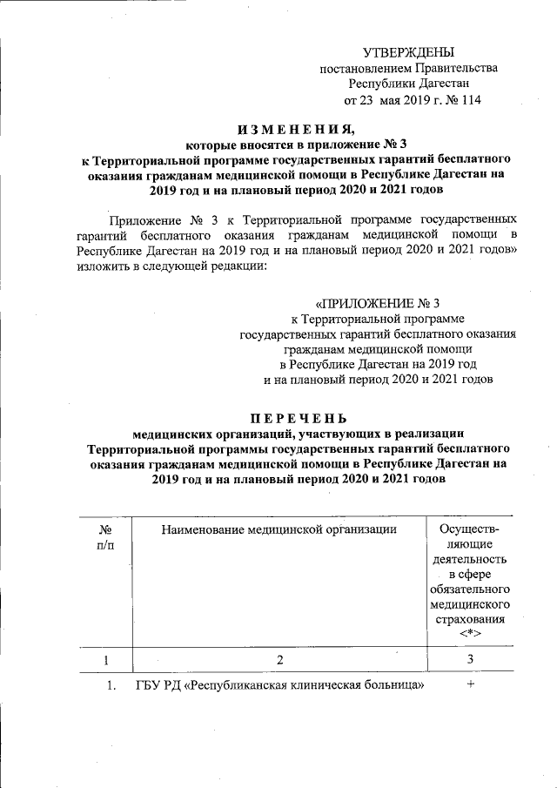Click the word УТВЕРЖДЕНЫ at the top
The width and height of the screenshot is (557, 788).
pyautogui.click(x=408, y=53)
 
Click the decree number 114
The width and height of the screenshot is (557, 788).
pyautogui.click(x=470, y=100)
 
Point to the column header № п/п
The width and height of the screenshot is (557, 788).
pyautogui.click(x=105, y=535)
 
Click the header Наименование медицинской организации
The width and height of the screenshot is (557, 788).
pyautogui.click(x=278, y=529)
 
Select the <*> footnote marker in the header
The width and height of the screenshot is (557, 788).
pyautogui.click(x=470, y=634)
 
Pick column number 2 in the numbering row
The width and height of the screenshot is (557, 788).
pyautogui.click(x=280, y=659)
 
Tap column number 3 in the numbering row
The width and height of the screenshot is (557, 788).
pyautogui.click(x=470, y=659)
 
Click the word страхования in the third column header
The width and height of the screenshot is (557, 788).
pyautogui.click(x=470, y=619)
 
